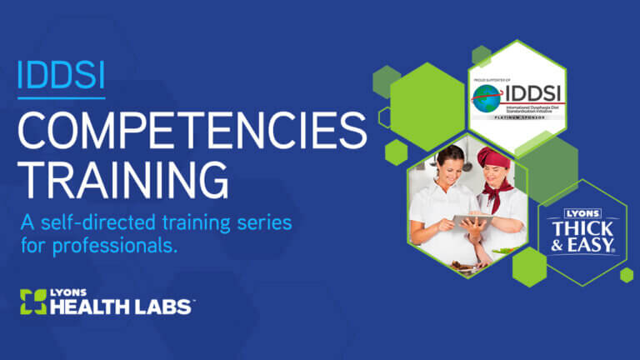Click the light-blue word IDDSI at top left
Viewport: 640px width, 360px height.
pos(61,77)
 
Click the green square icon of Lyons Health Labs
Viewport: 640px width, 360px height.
pos(32,301)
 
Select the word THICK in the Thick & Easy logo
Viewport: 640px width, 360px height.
pos(582,227)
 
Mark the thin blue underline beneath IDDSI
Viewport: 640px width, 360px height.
pos(61,97)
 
